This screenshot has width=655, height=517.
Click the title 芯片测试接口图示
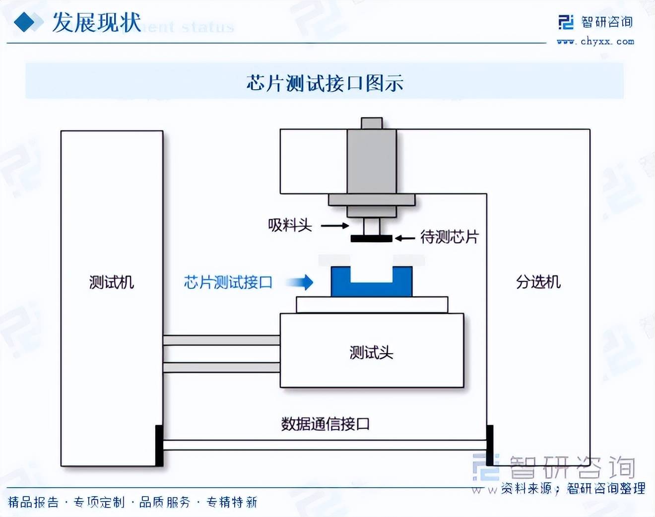[x=325, y=83]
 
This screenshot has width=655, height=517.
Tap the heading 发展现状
[x=96, y=23]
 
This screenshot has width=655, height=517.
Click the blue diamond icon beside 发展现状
[x=25, y=22]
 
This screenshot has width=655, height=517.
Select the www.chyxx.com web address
[x=595, y=42]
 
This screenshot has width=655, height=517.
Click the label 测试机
[x=112, y=282]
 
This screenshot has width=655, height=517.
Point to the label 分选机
[x=538, y=282]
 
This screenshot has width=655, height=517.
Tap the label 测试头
[x=371, y=352]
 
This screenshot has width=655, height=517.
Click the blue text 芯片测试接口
[x=228, y=282]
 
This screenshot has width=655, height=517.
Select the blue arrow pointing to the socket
[x=300, y=282]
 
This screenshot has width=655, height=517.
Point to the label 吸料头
[x=290, y=225]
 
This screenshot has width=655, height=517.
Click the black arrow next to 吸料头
[x=335, y=226]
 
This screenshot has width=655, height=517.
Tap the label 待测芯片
[x=450, y=237]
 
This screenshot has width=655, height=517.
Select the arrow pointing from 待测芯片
[x=405, y=239]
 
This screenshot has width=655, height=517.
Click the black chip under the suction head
[x=371, y=239]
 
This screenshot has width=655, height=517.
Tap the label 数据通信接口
[x=325, y=424]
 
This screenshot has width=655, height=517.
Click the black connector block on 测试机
[x=159, y=445]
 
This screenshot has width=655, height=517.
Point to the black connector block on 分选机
[x=490, y=445]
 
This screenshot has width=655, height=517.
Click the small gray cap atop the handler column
[x=372, y=123]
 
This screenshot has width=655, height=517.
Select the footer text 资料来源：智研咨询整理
[x=573, y=489]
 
